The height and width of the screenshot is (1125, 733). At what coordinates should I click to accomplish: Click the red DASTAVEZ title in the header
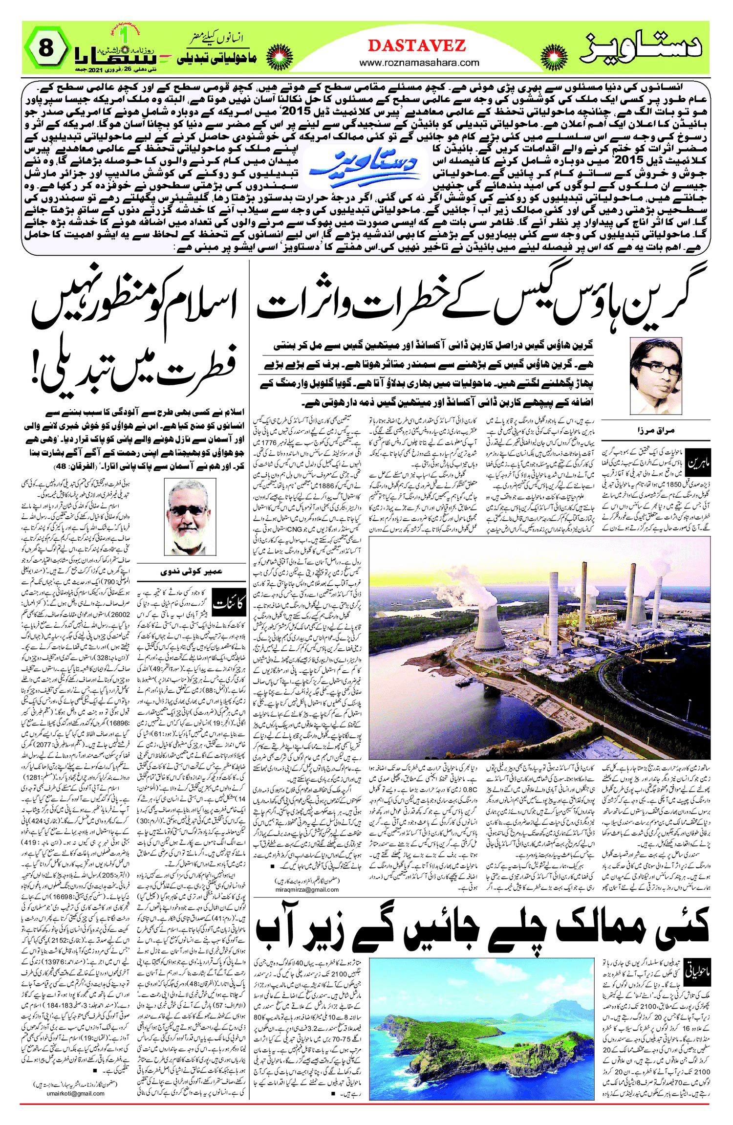[416, 45]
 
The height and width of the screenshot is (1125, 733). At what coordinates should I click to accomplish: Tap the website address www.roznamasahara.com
[419, 63]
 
